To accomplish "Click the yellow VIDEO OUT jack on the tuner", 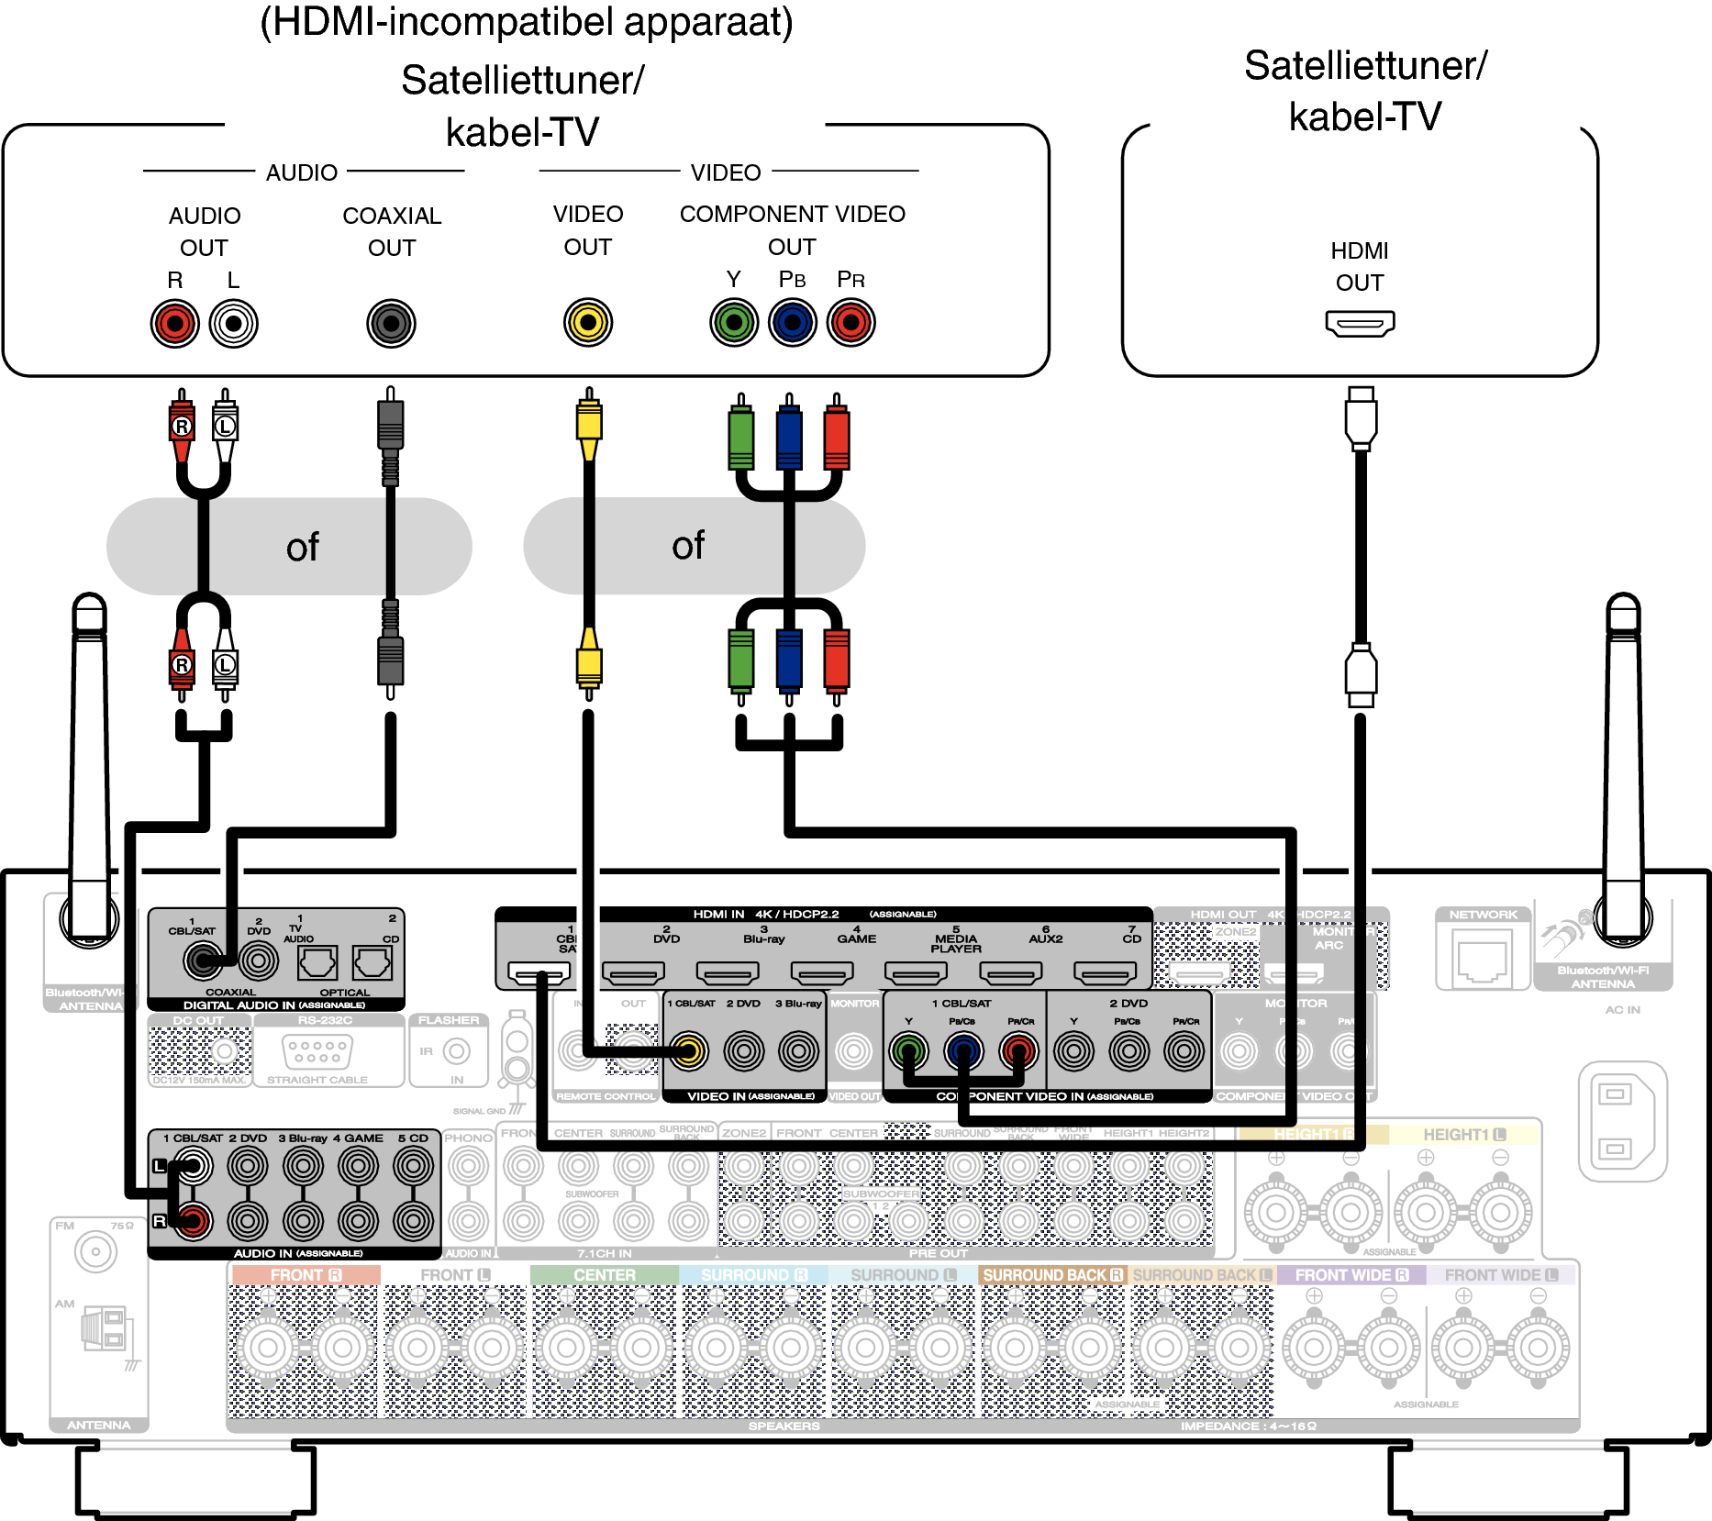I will pos(588,323).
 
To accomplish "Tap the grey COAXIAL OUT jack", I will pos(392,324).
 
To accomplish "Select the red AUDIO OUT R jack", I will pos(175,324).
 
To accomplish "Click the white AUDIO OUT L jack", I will pos(234,324).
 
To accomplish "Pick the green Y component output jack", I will pos(734,323).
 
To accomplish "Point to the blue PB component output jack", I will pos(793,323).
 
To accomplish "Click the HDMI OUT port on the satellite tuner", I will pos(1360,323).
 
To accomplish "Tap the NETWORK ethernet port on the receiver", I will pos(1483,960).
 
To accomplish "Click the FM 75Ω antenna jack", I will pos(95,1252).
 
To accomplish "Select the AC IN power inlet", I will pos(1620,1120).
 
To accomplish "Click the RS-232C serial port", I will pos(317,1050).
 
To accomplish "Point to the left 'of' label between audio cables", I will pos(303,548).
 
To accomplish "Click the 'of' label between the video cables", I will pos(688,546).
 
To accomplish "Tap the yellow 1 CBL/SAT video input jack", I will pos(688,1051).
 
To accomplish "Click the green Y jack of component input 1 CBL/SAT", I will pos(908,1051).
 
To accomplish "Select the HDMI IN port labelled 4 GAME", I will pos(822,972).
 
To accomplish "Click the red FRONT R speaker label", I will pos(306,1275).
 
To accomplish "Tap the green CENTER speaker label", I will pos(604,1275).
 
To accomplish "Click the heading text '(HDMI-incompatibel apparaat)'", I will pos(527,22).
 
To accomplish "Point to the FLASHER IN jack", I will pos(456,1051).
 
